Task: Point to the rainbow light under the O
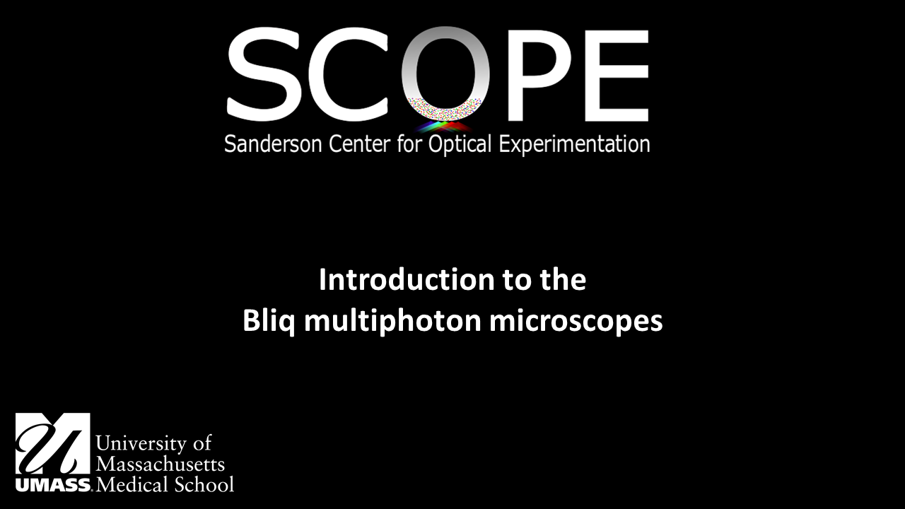tap(444, 127)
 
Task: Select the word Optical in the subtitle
tap(457, 144)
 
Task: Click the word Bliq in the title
tap(266, 322)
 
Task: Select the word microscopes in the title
tap(576, 322)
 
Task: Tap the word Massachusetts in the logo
tap(160, 464)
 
